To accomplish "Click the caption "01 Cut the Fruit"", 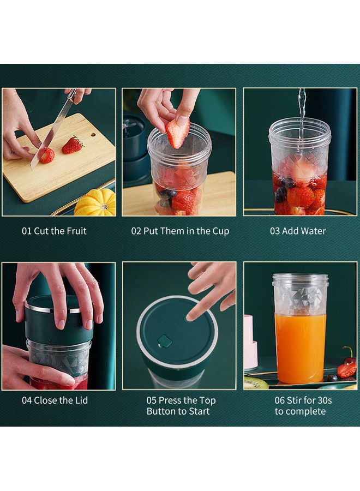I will (54, 231).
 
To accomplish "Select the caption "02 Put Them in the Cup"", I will (180, 231).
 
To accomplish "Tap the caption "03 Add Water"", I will (298, 231).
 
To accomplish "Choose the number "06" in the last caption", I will (281, 400).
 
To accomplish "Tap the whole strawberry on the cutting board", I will (73, 145).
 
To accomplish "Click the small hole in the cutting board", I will (93, 134).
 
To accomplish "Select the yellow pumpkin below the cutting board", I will (96, 203).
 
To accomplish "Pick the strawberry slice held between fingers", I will (178, 133).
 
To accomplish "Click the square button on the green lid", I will (165, 342).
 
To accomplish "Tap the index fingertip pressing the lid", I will (191, 315).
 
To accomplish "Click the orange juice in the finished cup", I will (300, 346).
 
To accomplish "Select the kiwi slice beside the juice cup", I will (255, 383).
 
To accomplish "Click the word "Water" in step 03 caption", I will (313, 231).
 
